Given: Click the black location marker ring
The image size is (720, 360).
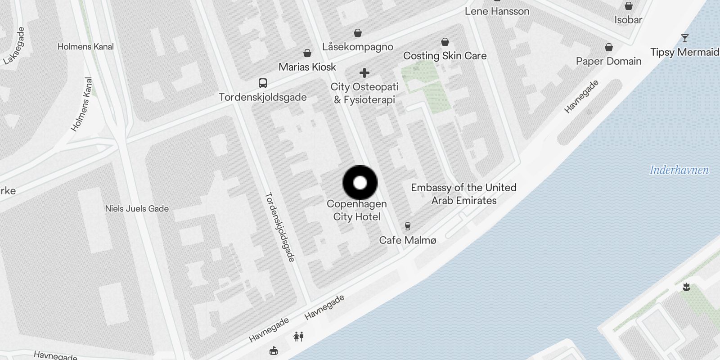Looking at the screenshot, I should (x=360, y=183).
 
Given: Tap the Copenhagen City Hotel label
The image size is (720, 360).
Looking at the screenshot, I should (x=357, y=210).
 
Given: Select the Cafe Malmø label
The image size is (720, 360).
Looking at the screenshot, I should (x=408, y=240).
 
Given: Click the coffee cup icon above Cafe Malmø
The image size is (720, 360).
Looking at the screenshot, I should (x=408, y=226).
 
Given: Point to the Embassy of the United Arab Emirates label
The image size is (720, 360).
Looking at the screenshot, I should (x=463, y=194).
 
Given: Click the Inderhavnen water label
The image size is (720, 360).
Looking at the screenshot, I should (x=679, y=170).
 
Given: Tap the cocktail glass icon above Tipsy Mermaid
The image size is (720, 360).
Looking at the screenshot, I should (x=684, y=38).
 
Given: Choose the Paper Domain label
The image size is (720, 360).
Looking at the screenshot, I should (x=608, y=61).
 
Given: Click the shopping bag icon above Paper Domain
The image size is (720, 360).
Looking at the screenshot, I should (x=609, y=47).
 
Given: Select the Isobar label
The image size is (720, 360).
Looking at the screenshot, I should (x=628, y=20).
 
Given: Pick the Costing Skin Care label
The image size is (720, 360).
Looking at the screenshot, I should (x=445, y=56).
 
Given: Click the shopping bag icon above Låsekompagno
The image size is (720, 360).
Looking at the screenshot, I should (x=358, y=33).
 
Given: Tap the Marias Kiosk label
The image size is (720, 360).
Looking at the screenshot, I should (x=307, y=67).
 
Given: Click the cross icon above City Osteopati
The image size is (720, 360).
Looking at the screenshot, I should (x=364, y=73).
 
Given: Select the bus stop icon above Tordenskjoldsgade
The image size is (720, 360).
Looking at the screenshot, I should (x=263, y=83).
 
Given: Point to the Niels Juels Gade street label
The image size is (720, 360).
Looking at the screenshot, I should (x=137, y=209).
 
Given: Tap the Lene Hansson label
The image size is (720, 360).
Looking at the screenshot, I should (x=497, y=11).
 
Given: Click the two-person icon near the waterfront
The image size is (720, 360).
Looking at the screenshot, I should (x=298, y=336).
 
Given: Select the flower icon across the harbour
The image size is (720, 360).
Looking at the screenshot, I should (x=686, y=287).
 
